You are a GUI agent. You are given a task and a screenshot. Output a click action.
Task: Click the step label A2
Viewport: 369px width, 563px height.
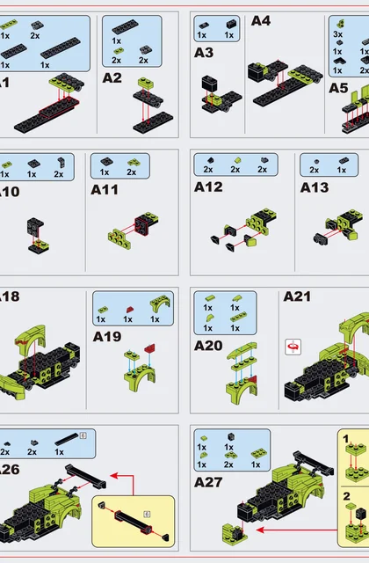coord(112,78)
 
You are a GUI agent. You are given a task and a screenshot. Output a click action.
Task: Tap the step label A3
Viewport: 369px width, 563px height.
coord(204,53)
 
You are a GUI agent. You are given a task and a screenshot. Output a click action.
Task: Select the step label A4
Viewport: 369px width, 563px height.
coord(261,21)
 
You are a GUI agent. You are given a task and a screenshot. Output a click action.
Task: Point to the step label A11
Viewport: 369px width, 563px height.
coord(105,190)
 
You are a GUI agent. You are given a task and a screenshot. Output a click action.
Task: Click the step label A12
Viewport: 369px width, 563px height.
coord(208,186)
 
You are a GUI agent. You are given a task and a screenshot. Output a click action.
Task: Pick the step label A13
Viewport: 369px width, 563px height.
coord(315,187)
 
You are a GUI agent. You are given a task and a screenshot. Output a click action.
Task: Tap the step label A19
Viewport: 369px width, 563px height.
coord(107,337)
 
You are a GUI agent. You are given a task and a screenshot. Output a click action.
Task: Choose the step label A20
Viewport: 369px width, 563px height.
coord(208,346)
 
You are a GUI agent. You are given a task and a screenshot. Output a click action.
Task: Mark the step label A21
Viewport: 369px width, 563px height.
coord(297,296)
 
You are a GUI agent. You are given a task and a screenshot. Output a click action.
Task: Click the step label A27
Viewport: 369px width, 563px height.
coord(208,482)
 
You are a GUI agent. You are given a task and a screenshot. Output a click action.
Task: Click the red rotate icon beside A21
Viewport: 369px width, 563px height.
coord(293,347)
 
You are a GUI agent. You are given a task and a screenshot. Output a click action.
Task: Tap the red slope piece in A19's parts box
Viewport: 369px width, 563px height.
coord(129,309)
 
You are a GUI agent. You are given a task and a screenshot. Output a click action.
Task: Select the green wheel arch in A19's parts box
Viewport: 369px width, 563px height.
coord(160,304)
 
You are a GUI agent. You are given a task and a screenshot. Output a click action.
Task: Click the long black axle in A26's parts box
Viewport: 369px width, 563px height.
coord(67,440)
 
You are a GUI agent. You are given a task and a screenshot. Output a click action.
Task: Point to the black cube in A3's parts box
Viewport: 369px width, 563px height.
coord(231,24)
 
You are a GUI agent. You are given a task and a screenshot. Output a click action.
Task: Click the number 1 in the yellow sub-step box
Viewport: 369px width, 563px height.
coord(345,439)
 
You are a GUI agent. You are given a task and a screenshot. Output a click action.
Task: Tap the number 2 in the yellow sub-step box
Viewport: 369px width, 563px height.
coord(346,496)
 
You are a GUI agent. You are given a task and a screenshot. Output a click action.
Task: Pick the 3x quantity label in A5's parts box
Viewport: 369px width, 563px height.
coord(337,34)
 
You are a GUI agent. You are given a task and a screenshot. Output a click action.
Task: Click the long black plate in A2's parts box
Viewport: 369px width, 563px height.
coord(125,27)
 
